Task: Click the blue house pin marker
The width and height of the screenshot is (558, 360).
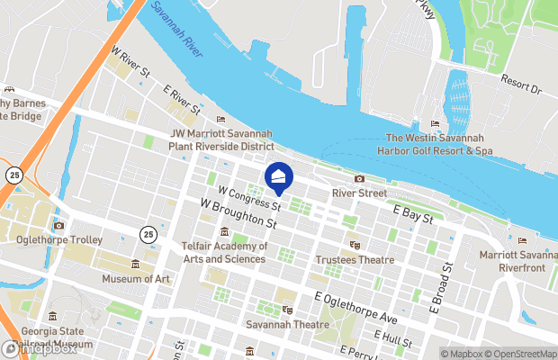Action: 279,177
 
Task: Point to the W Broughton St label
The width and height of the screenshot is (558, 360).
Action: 238,216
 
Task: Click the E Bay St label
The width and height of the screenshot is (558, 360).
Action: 414,213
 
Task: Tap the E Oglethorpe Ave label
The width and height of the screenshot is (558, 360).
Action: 355,307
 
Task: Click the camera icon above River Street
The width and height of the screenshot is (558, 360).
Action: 359,179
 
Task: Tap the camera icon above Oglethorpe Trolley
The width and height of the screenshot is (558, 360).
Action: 58,226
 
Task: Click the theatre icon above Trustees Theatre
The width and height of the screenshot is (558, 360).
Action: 355,245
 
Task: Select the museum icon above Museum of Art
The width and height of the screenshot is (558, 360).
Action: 135,264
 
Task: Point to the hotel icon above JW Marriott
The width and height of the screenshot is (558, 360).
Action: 220,120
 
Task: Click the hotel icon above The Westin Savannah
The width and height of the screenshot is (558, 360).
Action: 436,124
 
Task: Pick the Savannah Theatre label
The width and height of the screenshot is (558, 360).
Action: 286,324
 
